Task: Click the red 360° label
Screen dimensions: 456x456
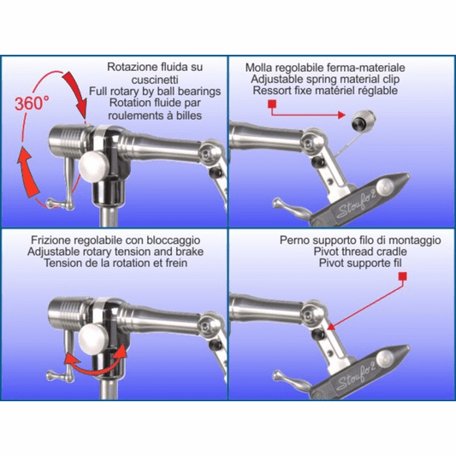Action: pyautogui.click(x=32, y=103)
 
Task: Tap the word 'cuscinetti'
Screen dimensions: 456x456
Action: pyautogui.click(x=155, y=80)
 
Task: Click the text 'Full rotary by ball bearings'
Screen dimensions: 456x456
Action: pyautogui.click(x=155, y=92)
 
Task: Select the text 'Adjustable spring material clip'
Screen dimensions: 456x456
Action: pyautogui.click(x=325, y=79)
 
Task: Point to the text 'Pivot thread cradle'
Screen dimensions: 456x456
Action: pyautogui.click(x=360, y=252)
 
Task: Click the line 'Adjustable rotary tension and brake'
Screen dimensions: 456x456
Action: pyautogui.click(x=115, y=252)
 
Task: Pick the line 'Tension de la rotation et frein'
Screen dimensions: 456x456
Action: pyautogui.click(x=115, y=264)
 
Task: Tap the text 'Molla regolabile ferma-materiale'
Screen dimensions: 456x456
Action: pyautogui.click(x=325, y=68)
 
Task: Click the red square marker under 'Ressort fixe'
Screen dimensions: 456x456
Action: pyautogui.click(x=272, y=104)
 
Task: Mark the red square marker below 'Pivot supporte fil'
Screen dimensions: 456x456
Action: pyautogui.click(x=402, y=276)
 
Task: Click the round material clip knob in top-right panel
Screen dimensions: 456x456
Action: pyautogui.click(x=364, y=120)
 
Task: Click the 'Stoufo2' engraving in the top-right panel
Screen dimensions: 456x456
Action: pyautogui.click(x=356, y=205)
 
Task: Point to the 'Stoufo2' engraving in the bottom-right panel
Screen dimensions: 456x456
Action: pyautogui.click(x=356, y=377)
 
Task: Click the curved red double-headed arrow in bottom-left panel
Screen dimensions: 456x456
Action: pyautogui.click(x=96, y=362)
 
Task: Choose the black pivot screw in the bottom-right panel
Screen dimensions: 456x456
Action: pyautogui.click(x=318, y=334)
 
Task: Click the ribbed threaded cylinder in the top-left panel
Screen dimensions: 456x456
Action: pyautogui.click(x=68, y=141)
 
